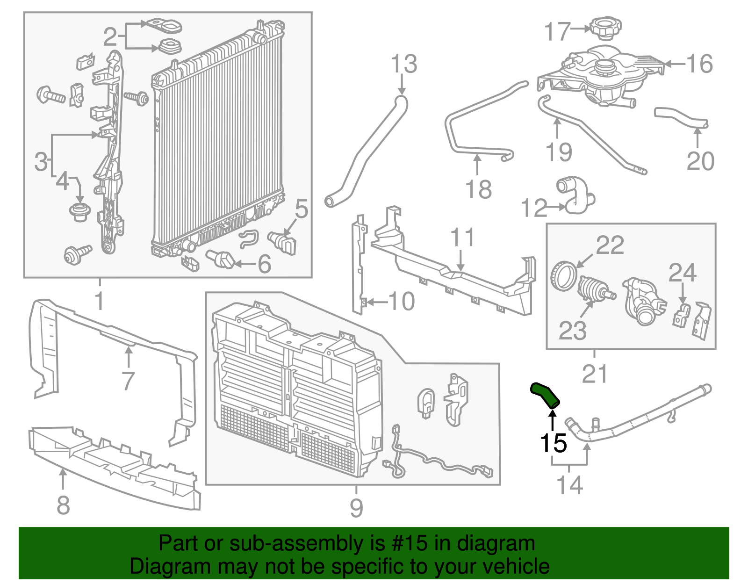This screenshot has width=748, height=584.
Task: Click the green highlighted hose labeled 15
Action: point(545,395)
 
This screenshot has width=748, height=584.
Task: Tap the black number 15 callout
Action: point(553,443)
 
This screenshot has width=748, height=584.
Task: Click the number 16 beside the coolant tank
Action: point(699,64)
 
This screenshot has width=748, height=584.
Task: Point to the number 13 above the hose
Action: point(403,64)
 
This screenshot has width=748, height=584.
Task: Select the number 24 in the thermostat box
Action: point(682,273)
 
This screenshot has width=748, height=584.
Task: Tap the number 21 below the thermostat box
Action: point(595,374)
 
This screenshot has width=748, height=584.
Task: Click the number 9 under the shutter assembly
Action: point(356,508)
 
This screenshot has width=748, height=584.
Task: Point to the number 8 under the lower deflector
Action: point(63,505)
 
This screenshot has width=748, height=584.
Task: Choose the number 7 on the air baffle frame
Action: point(128,381)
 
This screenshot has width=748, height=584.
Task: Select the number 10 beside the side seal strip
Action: point(401,302)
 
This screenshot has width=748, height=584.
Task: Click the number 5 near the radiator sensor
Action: point(302,209)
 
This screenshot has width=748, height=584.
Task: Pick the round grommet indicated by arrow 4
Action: point(79,212)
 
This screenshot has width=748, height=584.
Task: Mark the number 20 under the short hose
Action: point(700,161)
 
